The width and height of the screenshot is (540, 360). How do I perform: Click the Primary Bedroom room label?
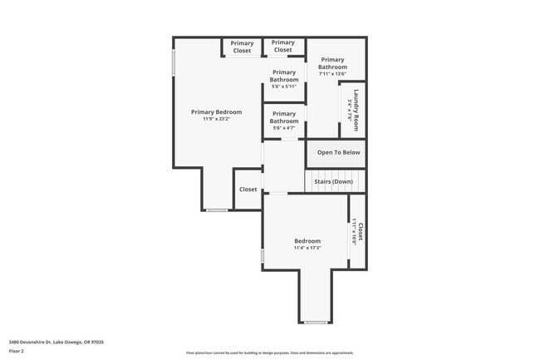216,112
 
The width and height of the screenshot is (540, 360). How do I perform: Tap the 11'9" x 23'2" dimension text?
216,119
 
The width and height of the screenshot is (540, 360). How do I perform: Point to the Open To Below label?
338,152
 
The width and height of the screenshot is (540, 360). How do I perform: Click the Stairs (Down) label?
333,181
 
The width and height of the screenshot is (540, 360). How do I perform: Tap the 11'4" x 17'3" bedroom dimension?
307,248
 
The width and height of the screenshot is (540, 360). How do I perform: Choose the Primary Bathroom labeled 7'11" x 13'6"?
332,63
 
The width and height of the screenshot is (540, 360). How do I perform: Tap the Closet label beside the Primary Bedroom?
248,190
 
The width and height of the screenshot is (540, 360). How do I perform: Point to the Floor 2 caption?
17,351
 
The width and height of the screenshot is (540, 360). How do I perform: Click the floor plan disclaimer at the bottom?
270,353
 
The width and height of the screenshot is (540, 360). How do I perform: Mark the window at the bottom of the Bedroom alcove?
316,322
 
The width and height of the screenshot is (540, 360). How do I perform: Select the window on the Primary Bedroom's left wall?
174,63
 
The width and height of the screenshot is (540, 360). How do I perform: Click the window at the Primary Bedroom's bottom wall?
217,210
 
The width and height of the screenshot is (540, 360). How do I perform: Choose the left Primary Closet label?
242,47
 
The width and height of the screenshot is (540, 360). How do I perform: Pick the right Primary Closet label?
283,47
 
